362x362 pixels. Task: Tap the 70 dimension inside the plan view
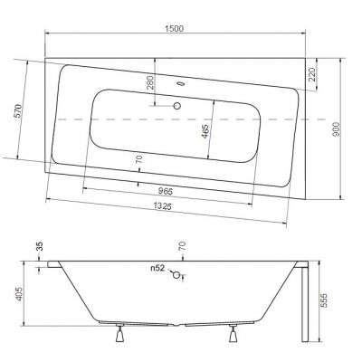(x=138, y=161)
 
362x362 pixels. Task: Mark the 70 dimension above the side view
(x=181, y=246)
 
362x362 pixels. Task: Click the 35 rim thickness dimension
(x=39, y=246)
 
